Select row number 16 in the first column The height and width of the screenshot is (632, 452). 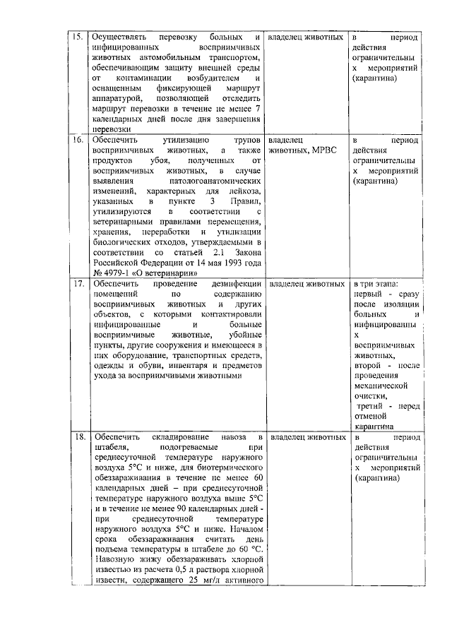79,141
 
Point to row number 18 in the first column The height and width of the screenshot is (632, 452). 79,438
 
